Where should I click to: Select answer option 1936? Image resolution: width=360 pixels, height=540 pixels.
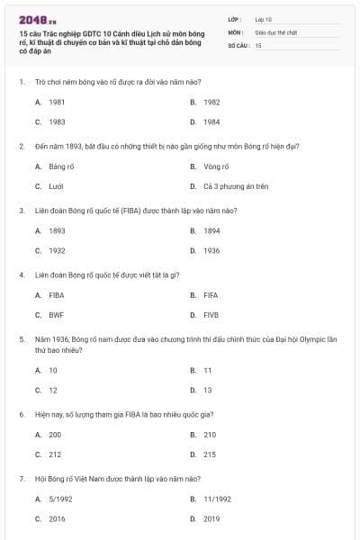pyautogui.click(x=211, y=250)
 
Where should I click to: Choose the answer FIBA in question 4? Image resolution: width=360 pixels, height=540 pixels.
pyautogui.click(x=57, y=295)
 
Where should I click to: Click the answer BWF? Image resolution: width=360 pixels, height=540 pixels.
pyautogui.click(x=57, y=315)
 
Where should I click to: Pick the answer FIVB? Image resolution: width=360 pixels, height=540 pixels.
pyautogui.click(x=211, y=315)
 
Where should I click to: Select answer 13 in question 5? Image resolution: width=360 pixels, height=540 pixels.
pyautogui.click(x=208, y=390)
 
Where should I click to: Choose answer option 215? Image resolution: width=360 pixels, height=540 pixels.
pyautogui.click(x=210, y=454)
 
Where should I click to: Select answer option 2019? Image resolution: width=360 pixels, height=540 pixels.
pyautogui.click(x=211, y=518)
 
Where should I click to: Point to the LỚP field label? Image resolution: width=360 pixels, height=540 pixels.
pyautogui.click(x=236, y=19)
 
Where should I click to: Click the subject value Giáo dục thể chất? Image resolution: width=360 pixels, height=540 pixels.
pyautogui.click(x=274, y=31)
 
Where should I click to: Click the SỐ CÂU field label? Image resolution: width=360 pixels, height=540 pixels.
pyautogui.click(x=238, y=44)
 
